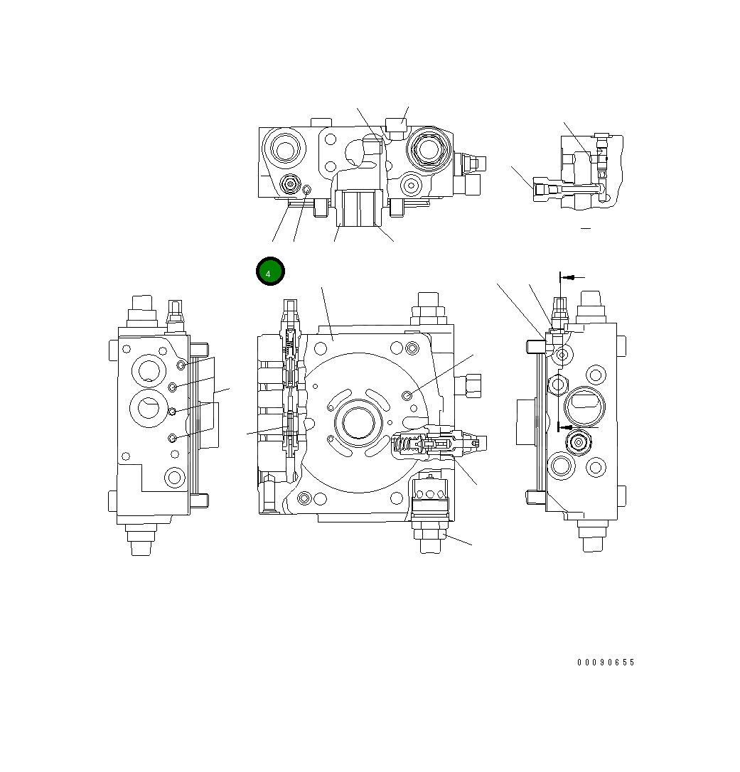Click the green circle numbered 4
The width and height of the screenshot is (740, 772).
click(270, 272)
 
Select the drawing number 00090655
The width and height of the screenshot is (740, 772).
click(606, 663)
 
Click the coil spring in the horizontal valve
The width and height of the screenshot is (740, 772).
click(404, 446)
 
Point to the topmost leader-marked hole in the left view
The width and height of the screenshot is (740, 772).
click(181, 365)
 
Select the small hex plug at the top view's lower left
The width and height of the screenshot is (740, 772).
click(289, 185)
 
